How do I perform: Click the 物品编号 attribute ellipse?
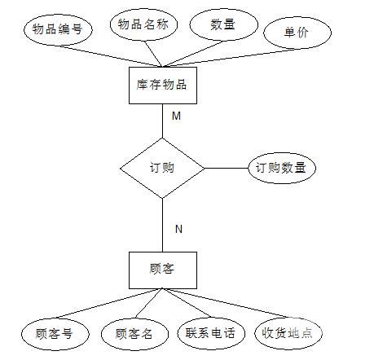click(58, 29)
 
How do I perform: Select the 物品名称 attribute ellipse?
click(143, 24)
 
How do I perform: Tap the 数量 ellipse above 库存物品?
click(223, 24)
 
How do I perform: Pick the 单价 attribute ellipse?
click(297, 33)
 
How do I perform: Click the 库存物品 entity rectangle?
click(163, 86)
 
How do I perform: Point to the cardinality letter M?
click(176, 116)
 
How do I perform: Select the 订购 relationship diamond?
click(162, 168)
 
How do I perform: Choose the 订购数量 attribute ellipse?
click(282, 168)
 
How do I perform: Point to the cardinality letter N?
click(178, 229)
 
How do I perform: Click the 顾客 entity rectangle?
click(163, 270)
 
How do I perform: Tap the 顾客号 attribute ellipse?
click(55, 334)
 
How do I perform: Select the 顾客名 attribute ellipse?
click(134, 334)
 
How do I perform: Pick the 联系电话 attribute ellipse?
click(211, 333)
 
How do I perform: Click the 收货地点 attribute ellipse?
click(288, 333)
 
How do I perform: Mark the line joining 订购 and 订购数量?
click(227, 168)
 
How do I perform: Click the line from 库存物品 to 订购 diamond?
click(163, 121)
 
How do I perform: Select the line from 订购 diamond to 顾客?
click(163, 225)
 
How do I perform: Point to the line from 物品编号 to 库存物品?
click(110, 56)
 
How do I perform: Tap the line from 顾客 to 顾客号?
click(109, 303)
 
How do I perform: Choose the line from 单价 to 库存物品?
click(230, 58)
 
